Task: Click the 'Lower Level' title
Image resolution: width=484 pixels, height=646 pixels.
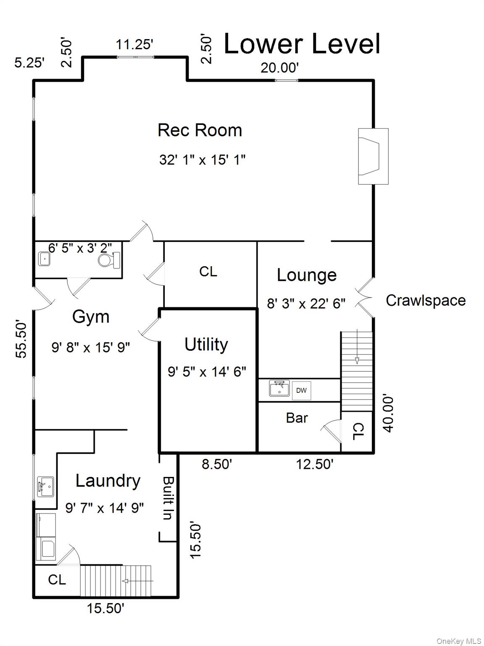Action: point(302,44)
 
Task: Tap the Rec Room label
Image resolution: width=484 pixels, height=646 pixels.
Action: point(200,130)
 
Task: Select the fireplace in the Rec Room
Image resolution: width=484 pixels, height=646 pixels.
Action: point(372,156)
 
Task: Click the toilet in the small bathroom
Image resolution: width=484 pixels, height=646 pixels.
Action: point(110,260)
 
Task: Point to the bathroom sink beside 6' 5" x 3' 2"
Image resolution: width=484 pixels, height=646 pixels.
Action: point(44,259)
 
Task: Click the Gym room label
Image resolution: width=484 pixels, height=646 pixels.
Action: point(91,317)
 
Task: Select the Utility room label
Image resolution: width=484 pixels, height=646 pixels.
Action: point(206,344)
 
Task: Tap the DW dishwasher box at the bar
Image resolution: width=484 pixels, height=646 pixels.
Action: point(301,390)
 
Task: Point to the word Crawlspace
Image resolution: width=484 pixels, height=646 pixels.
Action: point(425,300)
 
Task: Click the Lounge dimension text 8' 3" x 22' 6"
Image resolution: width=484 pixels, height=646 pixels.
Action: point(306,303)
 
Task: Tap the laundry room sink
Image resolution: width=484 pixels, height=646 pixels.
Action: point(45,487)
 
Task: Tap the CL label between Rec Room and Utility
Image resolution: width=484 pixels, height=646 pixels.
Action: point(208,272)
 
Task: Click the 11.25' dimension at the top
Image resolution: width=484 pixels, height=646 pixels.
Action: point(134,44)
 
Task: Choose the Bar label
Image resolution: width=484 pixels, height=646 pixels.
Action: point(297,418)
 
